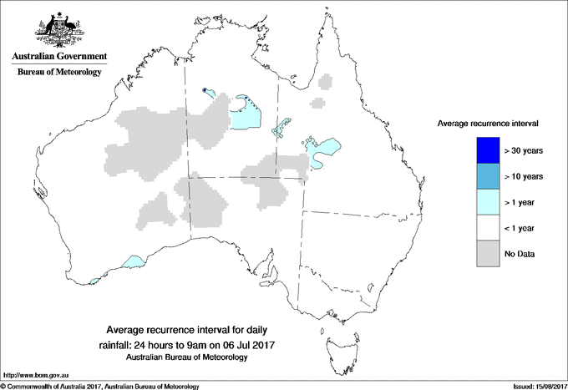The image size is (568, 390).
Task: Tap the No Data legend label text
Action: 520,253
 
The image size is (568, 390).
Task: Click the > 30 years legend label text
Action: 525,151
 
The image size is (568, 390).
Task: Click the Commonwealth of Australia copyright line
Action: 100,385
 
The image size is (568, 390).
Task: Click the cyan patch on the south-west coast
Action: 132,262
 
